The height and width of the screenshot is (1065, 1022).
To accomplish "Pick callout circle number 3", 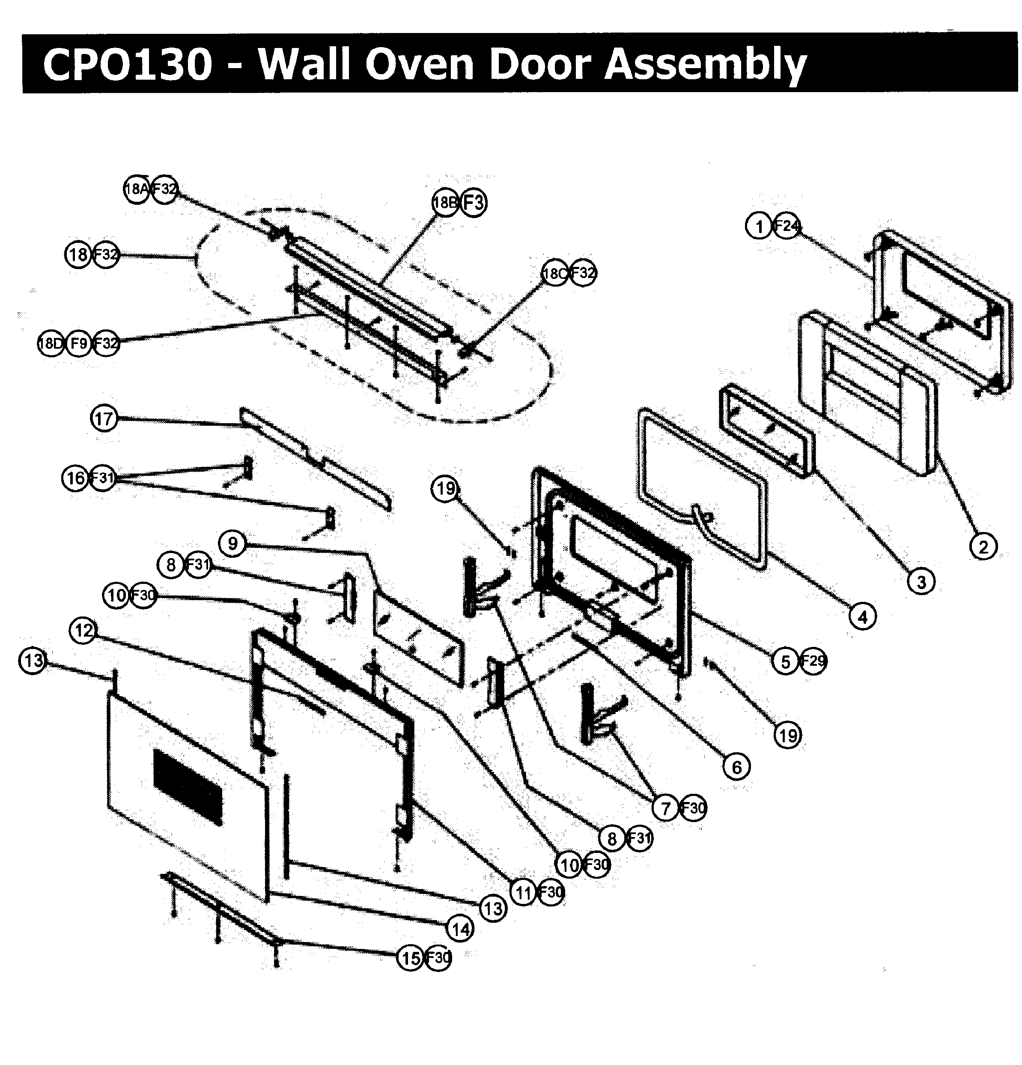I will [921, 581].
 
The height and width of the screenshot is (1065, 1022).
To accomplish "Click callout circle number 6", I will [736, 767].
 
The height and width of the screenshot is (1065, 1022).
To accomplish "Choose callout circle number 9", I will [232, 543].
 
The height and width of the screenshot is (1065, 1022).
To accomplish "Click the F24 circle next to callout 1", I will [787, 225].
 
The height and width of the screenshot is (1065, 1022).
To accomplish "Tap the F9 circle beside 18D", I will [78, 343].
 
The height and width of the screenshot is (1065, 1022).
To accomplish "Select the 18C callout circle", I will [555, 273].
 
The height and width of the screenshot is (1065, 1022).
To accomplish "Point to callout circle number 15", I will [411, 957].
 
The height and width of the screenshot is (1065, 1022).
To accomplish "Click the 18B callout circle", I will [445, 203].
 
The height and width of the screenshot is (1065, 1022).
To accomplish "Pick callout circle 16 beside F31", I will [75, 478].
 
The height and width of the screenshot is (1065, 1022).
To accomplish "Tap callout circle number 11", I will [523, 892].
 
